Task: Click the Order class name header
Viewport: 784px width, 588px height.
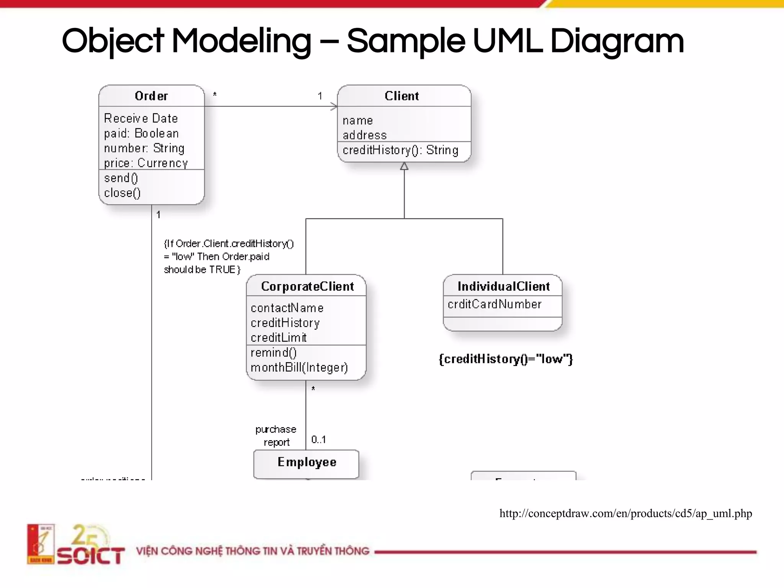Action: click(x=151, y=96)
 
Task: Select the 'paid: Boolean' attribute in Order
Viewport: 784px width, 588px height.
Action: click(x=141, y=133)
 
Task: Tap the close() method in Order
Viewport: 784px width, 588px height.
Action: click(x=122, y=193)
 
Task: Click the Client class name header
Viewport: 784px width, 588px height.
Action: click(x=402, y=96)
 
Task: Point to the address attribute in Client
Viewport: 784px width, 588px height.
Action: click(x=364, y=135)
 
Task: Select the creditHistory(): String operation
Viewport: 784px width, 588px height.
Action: click(x=400, y=150)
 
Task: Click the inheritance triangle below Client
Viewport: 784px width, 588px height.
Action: click(x=404, y=167)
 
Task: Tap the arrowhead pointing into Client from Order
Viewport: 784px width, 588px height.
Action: click(x=334, y=106)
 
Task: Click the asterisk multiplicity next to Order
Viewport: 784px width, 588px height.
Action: click(x=215, y=94)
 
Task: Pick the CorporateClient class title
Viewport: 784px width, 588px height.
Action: click(x=307, y=286)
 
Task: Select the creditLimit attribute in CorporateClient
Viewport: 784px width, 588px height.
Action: click(x=278, y=338)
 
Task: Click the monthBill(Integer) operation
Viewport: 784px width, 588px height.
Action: click(x=299, y=367)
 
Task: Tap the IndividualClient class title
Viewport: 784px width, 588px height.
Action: click(x=503, y=286)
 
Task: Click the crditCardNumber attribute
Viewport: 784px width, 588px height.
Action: click(x=494, y=304)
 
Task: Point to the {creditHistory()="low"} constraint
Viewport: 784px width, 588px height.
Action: click(x=505, y=359)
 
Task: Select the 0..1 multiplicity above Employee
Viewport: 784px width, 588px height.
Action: click(x=318, y=439)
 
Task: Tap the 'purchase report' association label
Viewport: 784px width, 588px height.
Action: click(x=276, y=436)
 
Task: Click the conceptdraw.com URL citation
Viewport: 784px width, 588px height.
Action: click(x=626, y=513)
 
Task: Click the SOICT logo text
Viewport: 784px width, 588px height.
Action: click(x=91, y=555)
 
